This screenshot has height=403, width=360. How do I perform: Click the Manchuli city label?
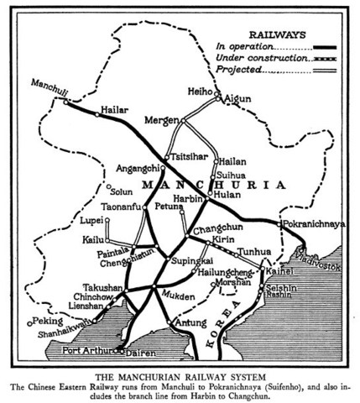click(48, 86)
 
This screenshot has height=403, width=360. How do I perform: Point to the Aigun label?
click(239, 99)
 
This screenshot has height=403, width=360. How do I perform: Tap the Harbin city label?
click(189, 200)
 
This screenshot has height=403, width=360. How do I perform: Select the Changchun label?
click(218, 229)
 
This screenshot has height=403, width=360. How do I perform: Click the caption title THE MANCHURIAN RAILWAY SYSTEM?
click(180, 373)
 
